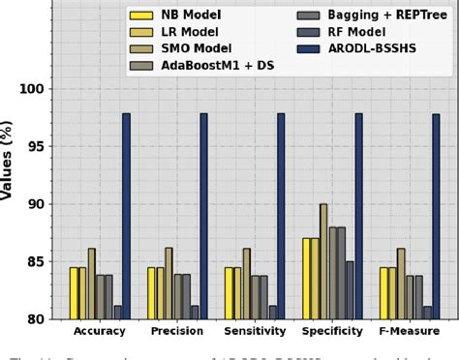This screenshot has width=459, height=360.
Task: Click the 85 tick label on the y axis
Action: (36, 262)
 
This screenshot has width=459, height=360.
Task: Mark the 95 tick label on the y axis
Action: (36, 147)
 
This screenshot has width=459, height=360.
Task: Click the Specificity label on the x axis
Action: (332, 332)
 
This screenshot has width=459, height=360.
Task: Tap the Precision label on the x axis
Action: (177, 332)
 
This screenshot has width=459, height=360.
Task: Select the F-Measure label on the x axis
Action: (410, 332)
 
